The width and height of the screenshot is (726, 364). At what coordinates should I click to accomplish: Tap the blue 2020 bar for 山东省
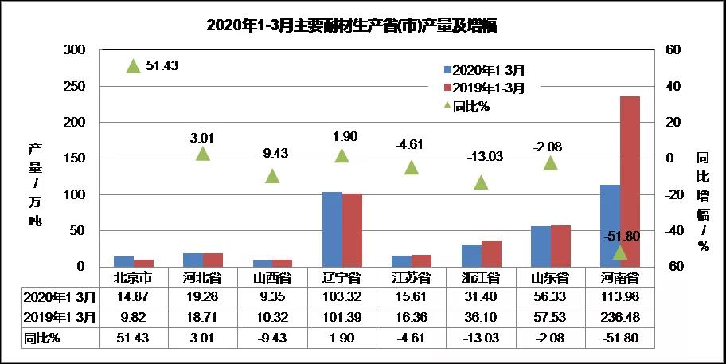click(541, 246)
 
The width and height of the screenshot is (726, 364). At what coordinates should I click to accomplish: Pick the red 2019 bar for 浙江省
click(491, 253)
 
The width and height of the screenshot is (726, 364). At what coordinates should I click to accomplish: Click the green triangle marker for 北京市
click(134, 66)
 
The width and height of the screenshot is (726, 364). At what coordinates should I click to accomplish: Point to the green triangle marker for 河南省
click(620, 252)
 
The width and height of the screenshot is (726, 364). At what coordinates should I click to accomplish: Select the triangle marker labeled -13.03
click(481, 182)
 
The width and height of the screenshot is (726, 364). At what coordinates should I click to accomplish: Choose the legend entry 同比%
click(470, 106)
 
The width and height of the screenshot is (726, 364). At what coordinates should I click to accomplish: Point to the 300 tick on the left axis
click(74, 49)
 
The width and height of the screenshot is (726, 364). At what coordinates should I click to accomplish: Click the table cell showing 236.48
click(620, 317)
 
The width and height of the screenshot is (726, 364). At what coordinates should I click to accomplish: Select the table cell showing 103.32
click(342, 297)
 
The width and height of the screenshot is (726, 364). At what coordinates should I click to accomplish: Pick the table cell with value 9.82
click(134, 317)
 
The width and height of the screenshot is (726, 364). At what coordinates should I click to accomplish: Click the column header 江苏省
click(412, 278)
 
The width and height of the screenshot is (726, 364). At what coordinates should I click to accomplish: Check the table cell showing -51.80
click(620, 337)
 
